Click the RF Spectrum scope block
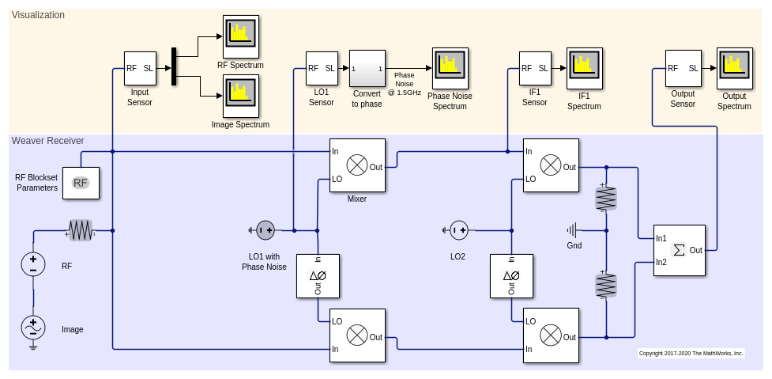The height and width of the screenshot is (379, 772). pos(241,35)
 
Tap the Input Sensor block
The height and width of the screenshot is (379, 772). pos(140,68)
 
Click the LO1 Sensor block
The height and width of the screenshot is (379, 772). pos(322,68)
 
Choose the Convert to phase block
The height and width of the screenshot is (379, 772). pos(367,68)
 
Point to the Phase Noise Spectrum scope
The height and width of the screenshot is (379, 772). pos(450,68)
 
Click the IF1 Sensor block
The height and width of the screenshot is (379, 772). pos(535,68)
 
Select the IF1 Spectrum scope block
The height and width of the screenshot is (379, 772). pos(584,68)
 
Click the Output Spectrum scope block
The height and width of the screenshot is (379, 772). pos(734,68)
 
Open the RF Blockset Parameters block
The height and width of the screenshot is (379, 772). pos(81,183)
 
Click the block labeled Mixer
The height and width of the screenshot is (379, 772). pos(357,165)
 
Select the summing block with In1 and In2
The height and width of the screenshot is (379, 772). pos(680,250)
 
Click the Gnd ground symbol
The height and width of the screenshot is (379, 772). pos(573,230)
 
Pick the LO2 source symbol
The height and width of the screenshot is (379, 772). pos(458,230)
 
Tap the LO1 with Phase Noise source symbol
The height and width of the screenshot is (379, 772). pos(265,230)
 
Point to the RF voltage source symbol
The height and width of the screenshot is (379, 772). pos(33,264)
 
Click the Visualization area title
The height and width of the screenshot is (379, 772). pos(38,15)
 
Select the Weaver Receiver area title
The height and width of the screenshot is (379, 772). pos(47,141)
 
